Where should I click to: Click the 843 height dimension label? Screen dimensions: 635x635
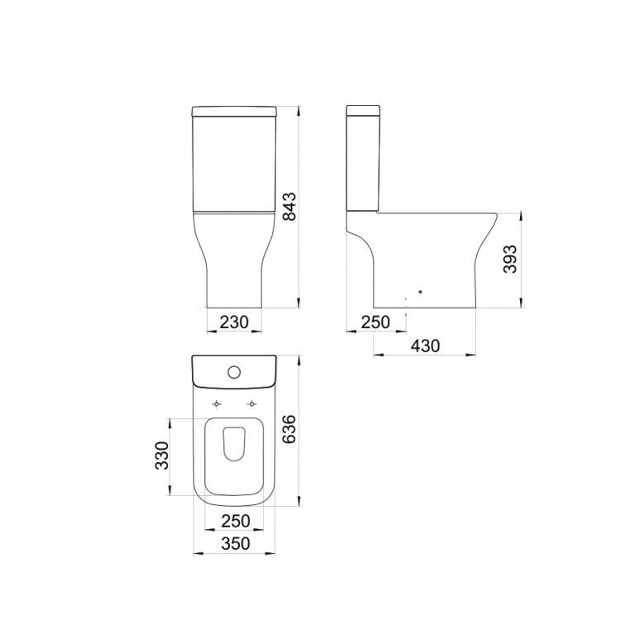tap(289, 207)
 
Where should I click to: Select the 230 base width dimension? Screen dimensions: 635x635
tap(234, 322)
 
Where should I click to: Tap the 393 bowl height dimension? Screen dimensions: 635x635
tap(510, 259)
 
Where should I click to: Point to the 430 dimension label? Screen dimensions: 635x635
tap(425, 346)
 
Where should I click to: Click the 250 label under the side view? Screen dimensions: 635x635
tap(375, 322)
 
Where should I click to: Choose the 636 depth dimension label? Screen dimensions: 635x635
tap(289, 429)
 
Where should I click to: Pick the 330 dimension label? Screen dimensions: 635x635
tap(162, 456)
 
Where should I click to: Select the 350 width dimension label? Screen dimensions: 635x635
tap(236, 543)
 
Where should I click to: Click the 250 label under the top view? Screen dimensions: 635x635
tap(236, 521)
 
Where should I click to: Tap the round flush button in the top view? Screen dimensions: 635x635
tap(234, 372)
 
